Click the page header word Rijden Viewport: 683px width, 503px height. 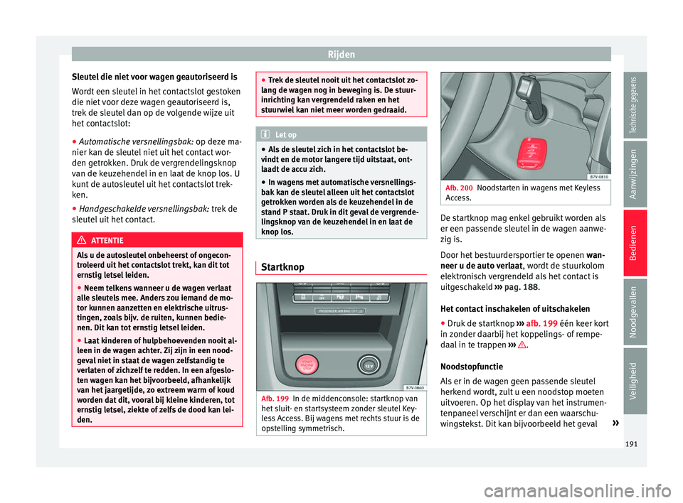[341, 53]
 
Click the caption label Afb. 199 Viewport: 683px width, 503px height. [275, 398]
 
